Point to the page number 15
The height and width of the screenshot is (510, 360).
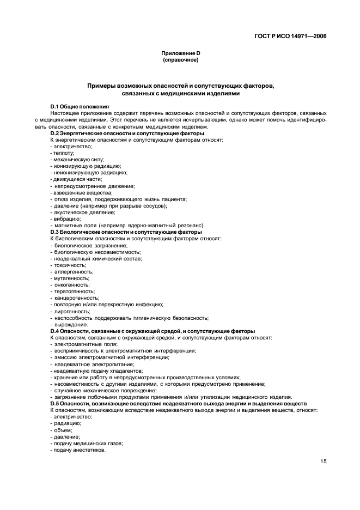324,462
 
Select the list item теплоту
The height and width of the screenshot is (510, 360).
64,154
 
